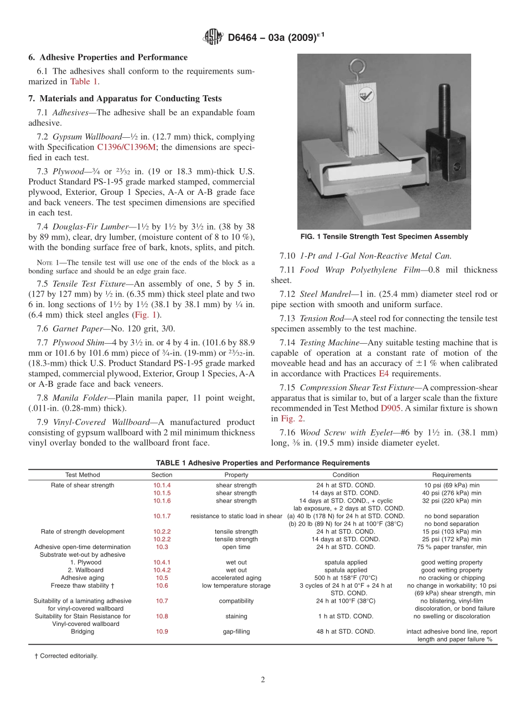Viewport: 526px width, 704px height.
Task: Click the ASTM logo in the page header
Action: pyautogui.click(x=213, y=37)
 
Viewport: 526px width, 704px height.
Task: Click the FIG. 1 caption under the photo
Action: pyautogui.click(x=384, y=237)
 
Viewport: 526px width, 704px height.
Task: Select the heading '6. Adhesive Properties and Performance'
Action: pyautogui.click(x=108, y=58)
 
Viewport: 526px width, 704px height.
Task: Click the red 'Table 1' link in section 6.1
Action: pyautogui.click(x=84, y=81)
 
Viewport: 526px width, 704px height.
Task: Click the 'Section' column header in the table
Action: pyautogui.click(x=162, y=475)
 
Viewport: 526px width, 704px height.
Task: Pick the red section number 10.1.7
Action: pyautogui.click(x=162, y=516)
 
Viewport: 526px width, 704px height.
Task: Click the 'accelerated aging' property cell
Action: pyautogui.click(x=236, y=578)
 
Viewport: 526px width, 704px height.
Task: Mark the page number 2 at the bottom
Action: pyautogui.click(x=263, y=680)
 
